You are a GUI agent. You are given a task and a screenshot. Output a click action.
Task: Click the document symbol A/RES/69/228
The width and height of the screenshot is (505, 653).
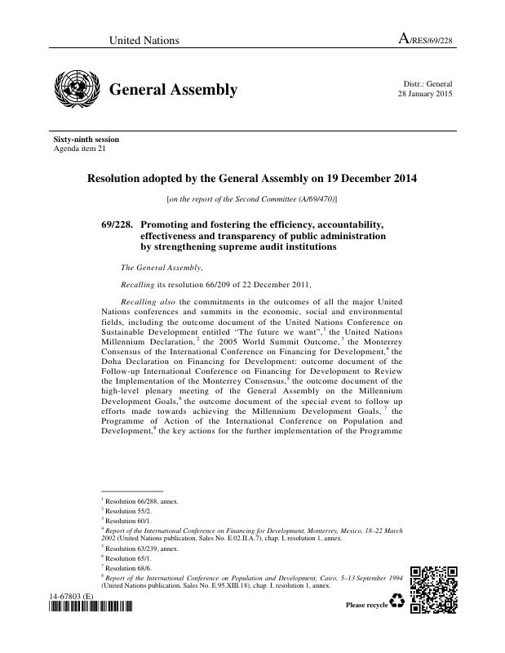(424, 40)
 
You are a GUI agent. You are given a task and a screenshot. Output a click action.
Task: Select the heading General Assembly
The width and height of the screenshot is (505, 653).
(173, 90)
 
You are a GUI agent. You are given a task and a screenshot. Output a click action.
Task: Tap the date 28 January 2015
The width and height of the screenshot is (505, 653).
(424, 94)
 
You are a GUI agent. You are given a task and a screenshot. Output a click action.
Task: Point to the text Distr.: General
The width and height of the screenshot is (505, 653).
(427, 84)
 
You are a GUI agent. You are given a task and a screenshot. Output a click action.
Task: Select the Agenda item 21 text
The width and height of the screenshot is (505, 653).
(79, 149)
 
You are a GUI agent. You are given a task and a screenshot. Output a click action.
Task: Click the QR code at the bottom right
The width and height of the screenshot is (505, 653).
(431, 589)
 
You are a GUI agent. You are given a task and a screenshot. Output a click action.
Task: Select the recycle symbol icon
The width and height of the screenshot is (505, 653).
(397, 602)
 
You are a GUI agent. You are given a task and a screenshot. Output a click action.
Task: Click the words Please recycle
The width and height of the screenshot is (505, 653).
(366, 605)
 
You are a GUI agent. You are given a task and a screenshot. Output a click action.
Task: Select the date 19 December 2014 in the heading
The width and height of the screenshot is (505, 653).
(362, 179)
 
